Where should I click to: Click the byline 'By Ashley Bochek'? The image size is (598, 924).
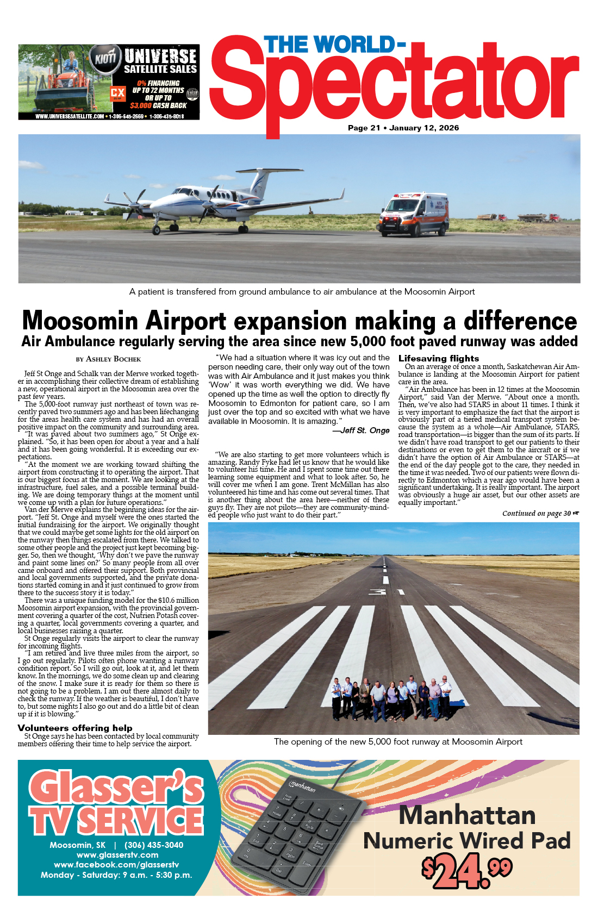point(108,359)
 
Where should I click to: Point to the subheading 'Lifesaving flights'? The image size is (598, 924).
point(439,358)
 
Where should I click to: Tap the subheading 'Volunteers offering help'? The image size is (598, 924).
point(75,728)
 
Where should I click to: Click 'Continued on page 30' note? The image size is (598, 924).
point(540,513)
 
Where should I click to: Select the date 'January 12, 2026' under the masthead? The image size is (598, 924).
point(424,128)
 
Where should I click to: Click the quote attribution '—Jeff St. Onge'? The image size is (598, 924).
point(361,430)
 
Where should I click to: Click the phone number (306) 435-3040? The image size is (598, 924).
point(154,845)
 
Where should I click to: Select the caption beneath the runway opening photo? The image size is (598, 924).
point(398,742)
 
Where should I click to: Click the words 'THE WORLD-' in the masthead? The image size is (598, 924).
point(335,45)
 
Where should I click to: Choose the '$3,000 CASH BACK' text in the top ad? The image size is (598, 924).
point(158,105)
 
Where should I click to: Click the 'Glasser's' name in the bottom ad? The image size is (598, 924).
point(116,788)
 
